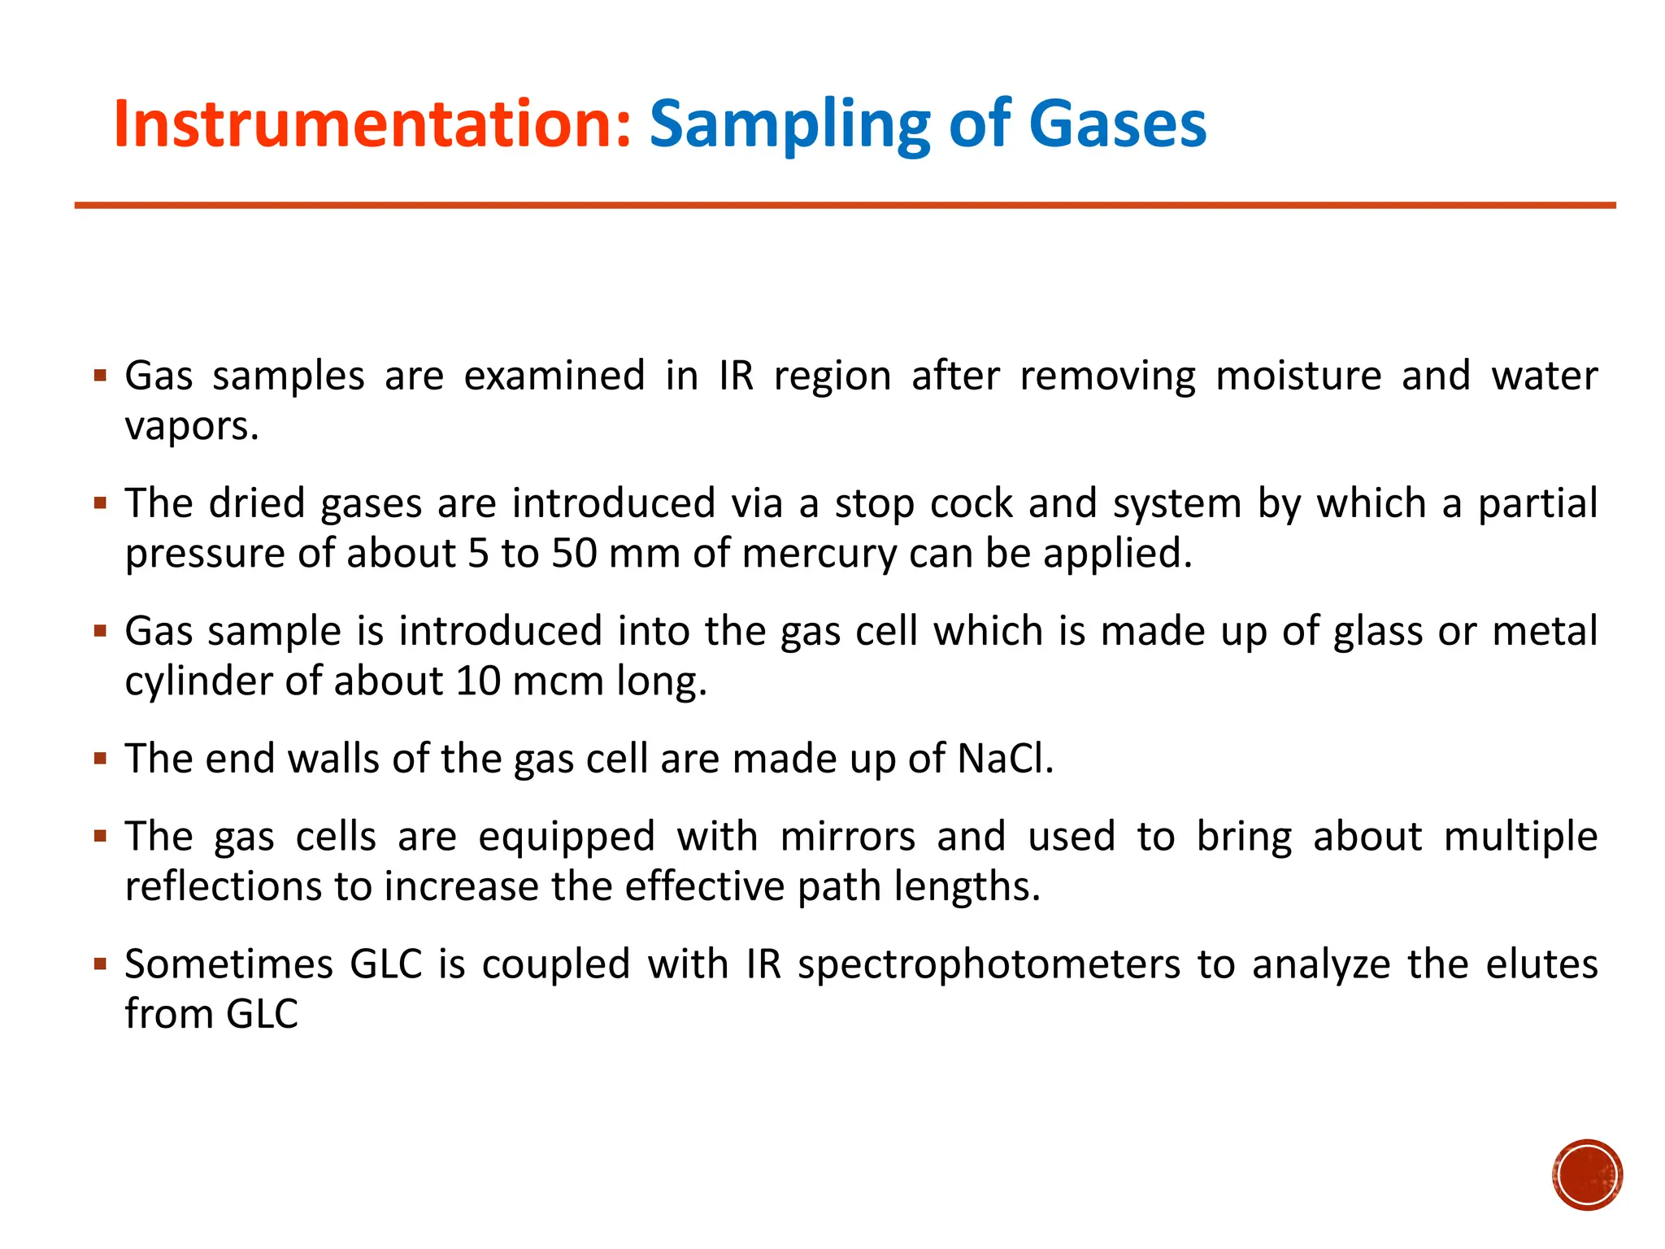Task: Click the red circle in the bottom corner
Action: tap(1587, 1174)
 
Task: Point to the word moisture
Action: tap(1298, 376)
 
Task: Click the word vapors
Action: tap(192, 426)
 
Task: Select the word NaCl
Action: tap(1005, 759)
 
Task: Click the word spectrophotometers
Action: tap(989, 965)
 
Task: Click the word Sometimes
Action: tap(228, 964)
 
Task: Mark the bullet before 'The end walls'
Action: tap(101, 759)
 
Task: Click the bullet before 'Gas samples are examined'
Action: tap(101, 376)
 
